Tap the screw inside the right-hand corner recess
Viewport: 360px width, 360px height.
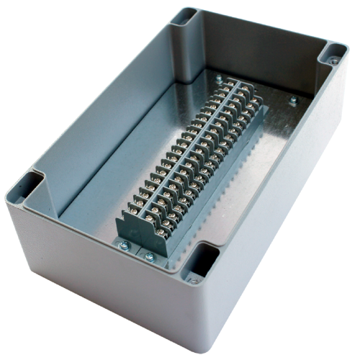pyautogui.click(x=334, y=62)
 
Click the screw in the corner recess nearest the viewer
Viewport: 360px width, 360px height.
pyautogui.click(x=193, y=279)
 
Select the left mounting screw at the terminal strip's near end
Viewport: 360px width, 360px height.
pyautogui.click(x=125, y=245)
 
